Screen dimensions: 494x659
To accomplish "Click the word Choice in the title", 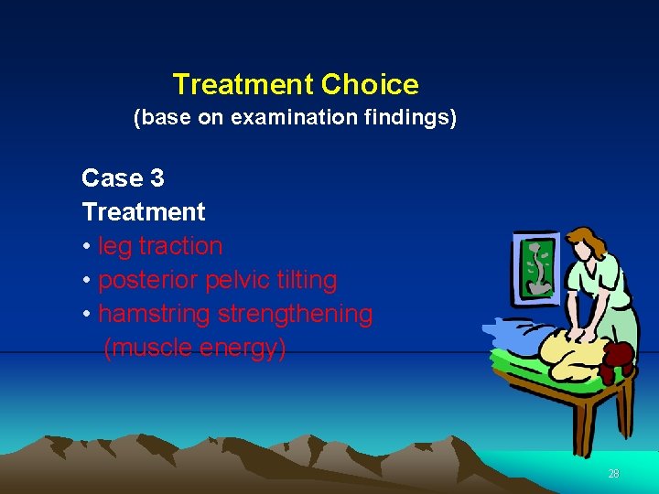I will point(370,85).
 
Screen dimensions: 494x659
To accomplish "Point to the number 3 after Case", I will point(157,177).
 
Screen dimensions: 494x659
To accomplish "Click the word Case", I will point(110,177).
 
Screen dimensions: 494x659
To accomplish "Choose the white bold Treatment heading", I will point(144,211).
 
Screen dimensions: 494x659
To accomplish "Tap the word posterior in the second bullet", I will point(148,280).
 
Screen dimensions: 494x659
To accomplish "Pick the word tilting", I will point(305,280).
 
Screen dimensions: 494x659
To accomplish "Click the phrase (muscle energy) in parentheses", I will point(195,348).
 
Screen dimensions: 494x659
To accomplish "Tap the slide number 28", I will point(613,474).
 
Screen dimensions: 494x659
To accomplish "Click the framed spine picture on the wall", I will point(541,264).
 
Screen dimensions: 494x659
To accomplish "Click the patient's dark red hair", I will point(621,357).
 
